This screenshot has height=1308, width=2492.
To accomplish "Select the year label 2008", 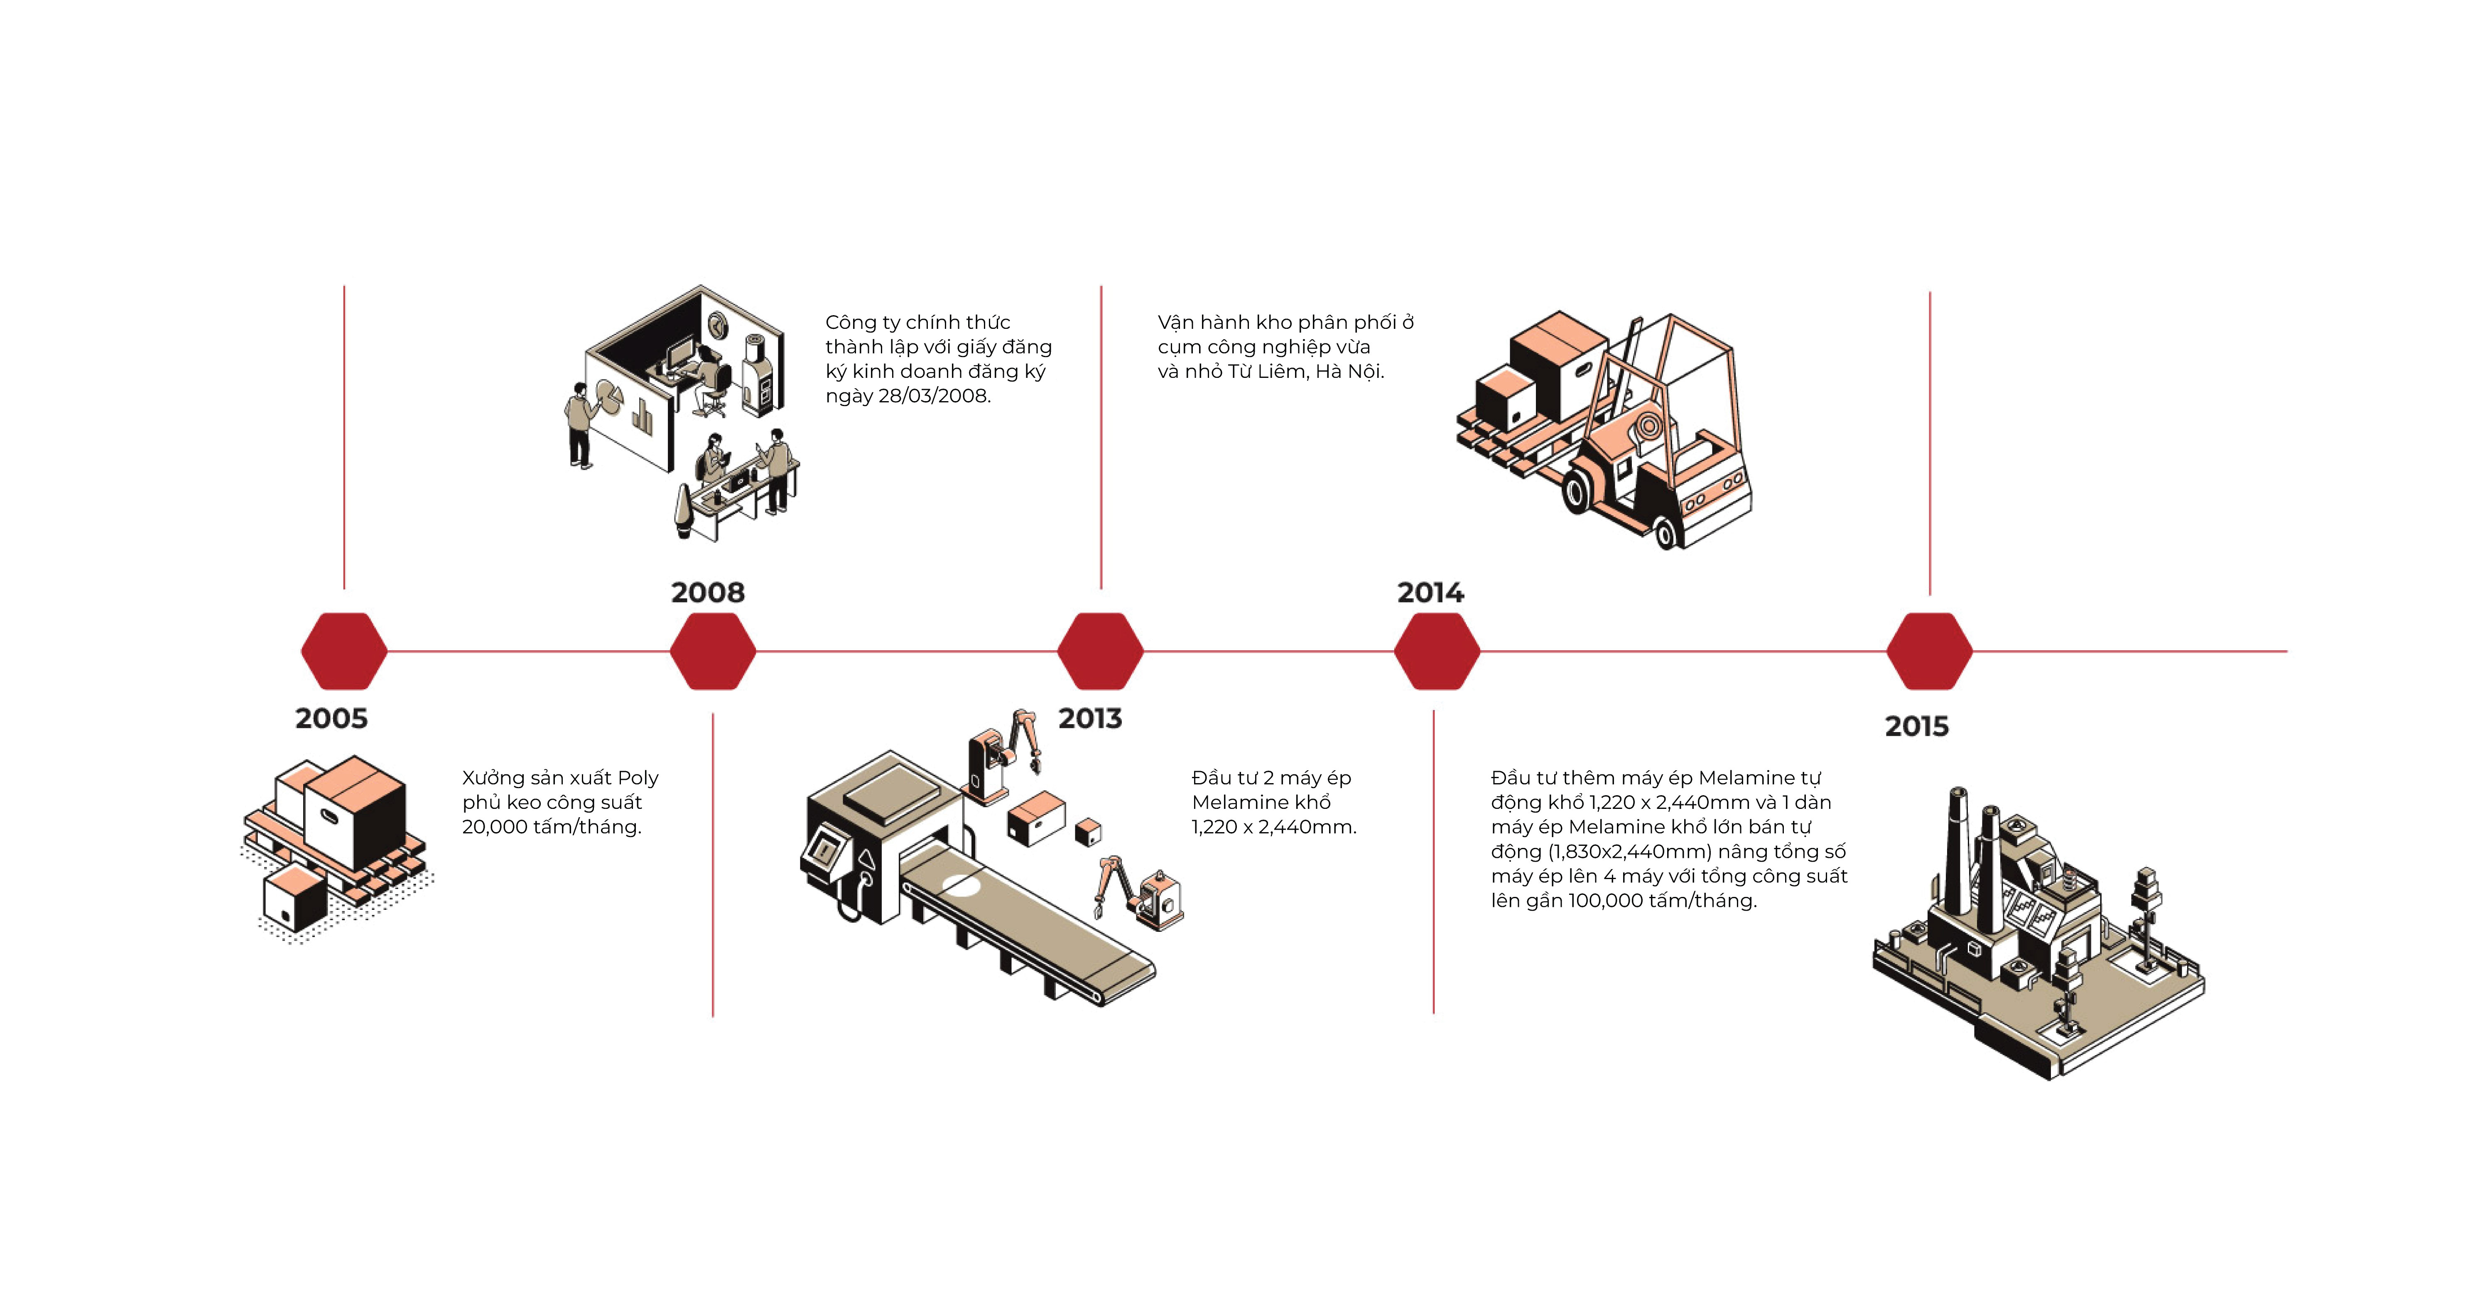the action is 708,592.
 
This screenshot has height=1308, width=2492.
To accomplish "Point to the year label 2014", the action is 1431,592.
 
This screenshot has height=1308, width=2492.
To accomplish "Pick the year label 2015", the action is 1916,727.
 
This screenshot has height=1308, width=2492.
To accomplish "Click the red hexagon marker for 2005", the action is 344,651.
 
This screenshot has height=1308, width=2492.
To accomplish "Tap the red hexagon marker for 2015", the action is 1929,651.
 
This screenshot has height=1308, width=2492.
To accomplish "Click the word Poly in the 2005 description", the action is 638,778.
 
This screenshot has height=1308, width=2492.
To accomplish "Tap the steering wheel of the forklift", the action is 1648,424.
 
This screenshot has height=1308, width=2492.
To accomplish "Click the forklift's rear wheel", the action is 1667,531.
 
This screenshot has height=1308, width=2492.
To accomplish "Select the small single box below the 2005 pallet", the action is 295,899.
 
